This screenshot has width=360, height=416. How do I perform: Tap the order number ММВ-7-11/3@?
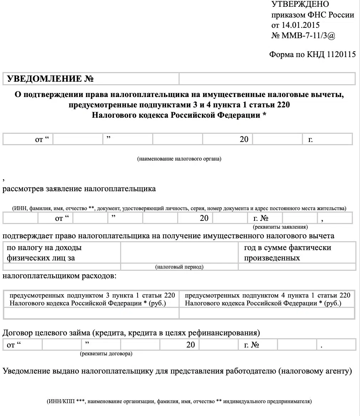click(309, 36)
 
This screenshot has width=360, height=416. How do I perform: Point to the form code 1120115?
click(341, 55)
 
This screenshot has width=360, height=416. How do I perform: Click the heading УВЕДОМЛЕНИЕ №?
click(50, 79)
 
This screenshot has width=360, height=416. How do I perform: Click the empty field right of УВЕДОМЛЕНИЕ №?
click(267, 79)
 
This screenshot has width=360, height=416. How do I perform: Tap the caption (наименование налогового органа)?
click(179, 159)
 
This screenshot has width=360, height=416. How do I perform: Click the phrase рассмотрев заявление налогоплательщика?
click(79, 189)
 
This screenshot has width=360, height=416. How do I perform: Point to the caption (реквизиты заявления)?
click(280, 227)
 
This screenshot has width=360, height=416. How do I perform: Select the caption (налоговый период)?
click(179, 267)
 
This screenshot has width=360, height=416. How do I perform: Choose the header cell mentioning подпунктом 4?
click(267, 299)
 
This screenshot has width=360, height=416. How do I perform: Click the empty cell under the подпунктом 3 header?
click(91, 313)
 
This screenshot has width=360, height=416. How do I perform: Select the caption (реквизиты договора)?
click(106, 354)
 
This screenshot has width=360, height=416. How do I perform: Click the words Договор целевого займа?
click(46, 333)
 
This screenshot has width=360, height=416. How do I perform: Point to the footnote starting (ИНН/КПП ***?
click(179, 401)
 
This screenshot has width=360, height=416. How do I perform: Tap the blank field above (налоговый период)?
click(179, 253)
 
